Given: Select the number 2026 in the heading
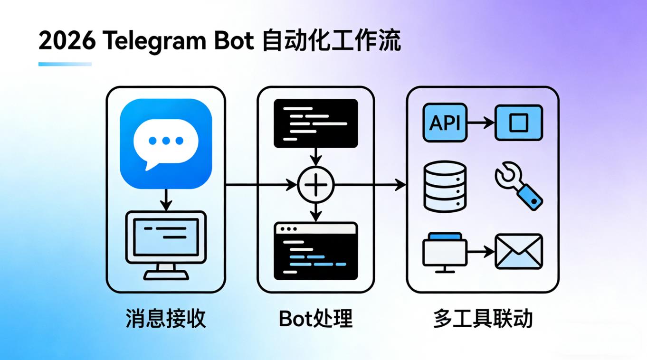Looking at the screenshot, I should click(x=66, y=42).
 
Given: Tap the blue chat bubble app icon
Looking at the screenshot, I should click(x=165, y=144).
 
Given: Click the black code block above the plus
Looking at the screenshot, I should click(x=316, y=123).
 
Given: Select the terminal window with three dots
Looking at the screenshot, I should click(x=316, y=251).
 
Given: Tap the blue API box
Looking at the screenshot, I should click(x=445, y=123).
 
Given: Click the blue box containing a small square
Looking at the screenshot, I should click(x=518, y=123).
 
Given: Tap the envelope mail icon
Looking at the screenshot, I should click(x=518, y=251).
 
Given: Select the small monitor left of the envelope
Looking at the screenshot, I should click(x=445, y=252).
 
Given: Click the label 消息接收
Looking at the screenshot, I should click(x=165, y=319).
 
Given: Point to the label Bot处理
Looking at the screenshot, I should click(x=315, y=319).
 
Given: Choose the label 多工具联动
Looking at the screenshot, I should click(x=482, y=319).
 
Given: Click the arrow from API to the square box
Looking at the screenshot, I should click(x=481, y=123).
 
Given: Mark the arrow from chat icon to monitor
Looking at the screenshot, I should click(x=165, y=200).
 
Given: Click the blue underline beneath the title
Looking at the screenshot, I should click(x=65, y=64).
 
